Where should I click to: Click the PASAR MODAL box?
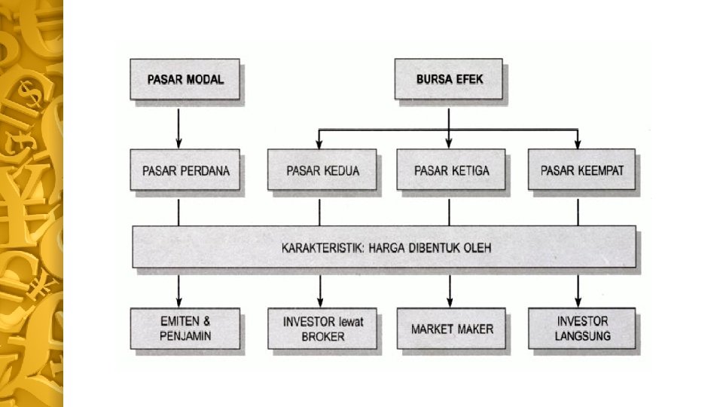(185, 79)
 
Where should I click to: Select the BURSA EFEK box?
(450, 79)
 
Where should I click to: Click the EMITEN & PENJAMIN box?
(185, 329)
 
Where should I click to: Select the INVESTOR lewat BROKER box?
(323, 329)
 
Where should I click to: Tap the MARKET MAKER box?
(452, 329)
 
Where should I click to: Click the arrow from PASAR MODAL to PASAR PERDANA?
(179, 124)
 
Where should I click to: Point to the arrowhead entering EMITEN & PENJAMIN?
(179, 301)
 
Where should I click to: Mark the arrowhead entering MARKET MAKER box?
(450, 301)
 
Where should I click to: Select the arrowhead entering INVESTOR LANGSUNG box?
(578, 301)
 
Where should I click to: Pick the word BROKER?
(323, 337)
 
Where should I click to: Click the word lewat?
(349, 322)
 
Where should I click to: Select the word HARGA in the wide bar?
(387, 247)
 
